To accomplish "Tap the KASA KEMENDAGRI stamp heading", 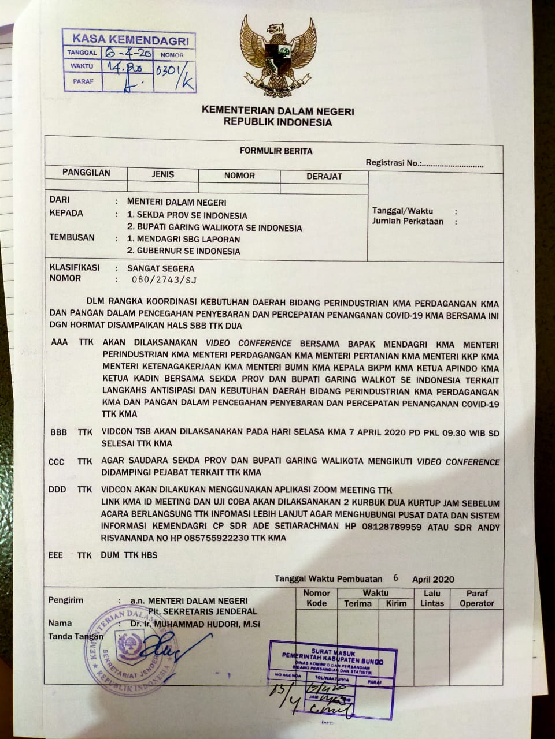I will point(130,40).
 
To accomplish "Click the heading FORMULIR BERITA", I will point(276,151).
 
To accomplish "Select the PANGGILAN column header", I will point(86,173).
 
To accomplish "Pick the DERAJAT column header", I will point(324,176).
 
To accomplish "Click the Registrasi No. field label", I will point(393,163).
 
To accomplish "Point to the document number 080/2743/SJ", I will point(164,280).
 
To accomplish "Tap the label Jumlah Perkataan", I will point(408,221).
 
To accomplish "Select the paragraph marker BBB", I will point(59,432).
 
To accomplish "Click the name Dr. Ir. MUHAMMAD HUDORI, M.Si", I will point(195,624).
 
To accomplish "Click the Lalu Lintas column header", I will point(432,598).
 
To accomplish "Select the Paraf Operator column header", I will point(477,598).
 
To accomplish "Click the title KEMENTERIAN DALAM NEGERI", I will point(277,111).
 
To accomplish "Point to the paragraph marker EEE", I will point(55,555).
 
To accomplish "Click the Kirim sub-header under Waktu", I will point(397,603).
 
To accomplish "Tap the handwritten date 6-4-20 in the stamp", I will point(128,53).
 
